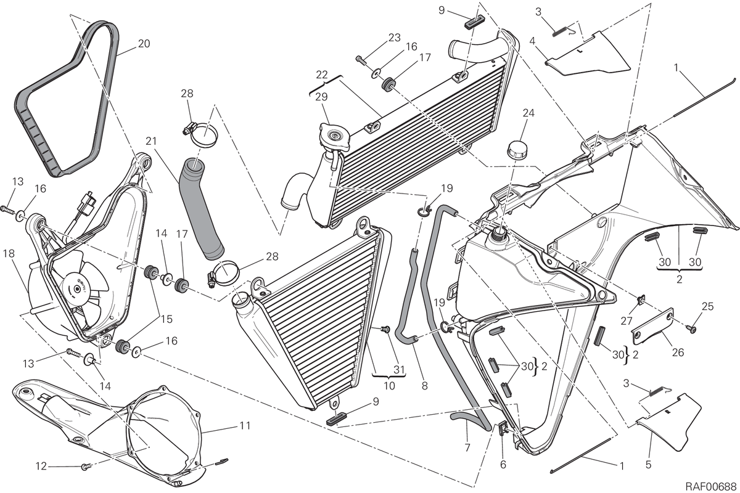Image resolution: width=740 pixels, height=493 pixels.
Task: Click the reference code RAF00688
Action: click(x=711, y=486)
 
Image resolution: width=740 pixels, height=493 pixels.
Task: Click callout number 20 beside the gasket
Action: click(x=144, y=44)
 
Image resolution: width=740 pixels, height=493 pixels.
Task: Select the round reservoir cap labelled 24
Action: click(x=517, y=150)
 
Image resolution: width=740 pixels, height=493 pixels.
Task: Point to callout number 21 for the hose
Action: click(x=151, y=141)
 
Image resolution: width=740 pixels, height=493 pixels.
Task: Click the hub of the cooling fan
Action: click(x=77, y=288)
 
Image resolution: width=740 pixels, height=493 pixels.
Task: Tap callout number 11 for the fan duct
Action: click(x=245, y=426)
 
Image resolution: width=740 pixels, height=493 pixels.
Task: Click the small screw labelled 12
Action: click(x=85, y=467)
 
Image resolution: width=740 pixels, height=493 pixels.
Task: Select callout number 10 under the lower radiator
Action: click(x=389, y=386)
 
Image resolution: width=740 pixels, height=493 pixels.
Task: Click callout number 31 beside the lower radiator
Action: click(x=399, y=370)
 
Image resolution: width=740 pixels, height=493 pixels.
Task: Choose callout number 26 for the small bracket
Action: click(x=678, y=352)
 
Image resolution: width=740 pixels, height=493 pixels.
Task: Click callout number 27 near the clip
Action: click(x=627, y=321)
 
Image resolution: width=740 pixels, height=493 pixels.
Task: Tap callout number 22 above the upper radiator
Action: click(x=321, y=75)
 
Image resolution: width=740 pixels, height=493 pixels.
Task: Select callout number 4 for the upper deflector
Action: click(x=532, y=41)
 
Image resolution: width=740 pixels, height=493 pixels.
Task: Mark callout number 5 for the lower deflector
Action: click(x=648, y=465)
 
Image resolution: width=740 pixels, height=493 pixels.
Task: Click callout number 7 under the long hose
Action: click(x=467, y=447)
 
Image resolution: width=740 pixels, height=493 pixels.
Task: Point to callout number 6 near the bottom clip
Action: click(x=503, y=465)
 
